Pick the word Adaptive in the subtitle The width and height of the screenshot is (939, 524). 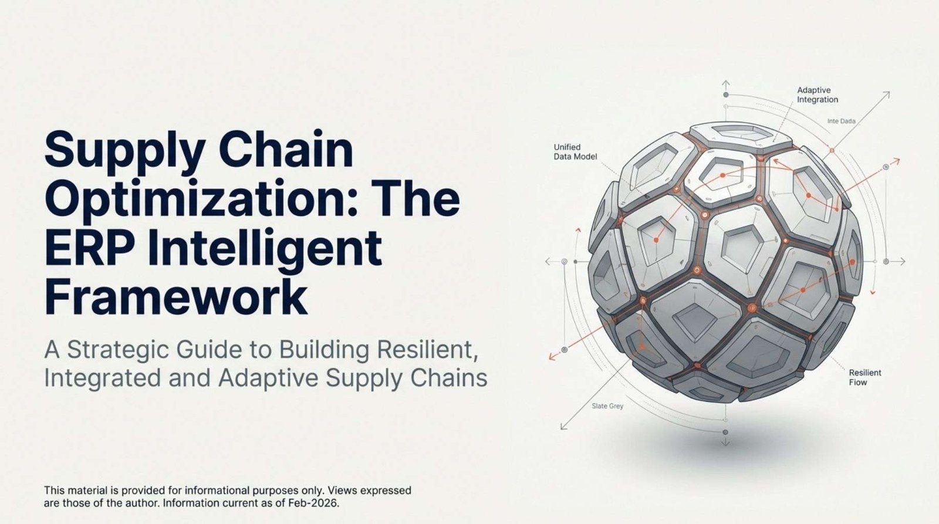tap(268, 378)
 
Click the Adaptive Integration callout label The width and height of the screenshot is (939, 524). tap(818, 95)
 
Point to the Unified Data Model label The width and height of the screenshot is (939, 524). tap(575, 152)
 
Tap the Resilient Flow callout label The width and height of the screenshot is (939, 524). tap(865, 377)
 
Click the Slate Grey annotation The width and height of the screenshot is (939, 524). tap(607, 406)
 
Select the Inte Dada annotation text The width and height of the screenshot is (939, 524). tap(842, 121)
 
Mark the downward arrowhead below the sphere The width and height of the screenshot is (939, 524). tap(725, 444)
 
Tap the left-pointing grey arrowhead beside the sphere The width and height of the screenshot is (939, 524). tap(548, 262)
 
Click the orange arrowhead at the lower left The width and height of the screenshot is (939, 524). tap(552, 357)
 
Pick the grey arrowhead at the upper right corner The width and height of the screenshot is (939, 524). tap(886, 94)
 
